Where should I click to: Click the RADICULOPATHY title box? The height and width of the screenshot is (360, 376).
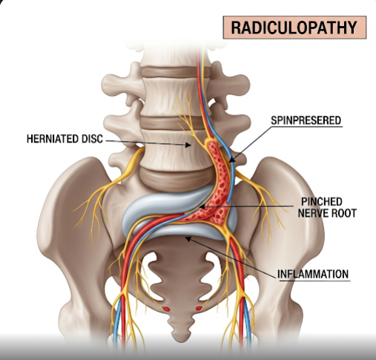(x=294, y=27)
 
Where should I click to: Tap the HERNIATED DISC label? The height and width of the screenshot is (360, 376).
(x=65, y=139)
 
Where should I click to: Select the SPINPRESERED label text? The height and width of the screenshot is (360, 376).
(x=306, y=120)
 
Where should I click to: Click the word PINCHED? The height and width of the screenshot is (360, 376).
(x=322, y=202)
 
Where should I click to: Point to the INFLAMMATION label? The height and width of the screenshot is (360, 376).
(x=313, y=274)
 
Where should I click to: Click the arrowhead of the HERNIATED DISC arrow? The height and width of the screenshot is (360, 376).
(x=188, y=145)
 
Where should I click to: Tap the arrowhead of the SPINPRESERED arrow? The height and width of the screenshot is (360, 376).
(x=231, y=160)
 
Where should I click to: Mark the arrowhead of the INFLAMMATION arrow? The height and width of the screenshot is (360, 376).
(x=188, y=239)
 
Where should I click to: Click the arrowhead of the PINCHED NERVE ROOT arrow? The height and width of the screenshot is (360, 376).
(x=202, y=206)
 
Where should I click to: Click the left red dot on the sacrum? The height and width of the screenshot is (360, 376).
(x=166, y=309)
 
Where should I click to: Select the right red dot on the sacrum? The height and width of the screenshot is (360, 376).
(x=199, y=308)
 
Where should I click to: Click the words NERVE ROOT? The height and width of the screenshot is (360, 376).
(x=327, y=213)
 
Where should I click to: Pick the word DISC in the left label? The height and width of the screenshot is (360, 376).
(x=92, y=139)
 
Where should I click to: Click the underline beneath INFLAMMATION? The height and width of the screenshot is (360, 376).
(x=314, y=281)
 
